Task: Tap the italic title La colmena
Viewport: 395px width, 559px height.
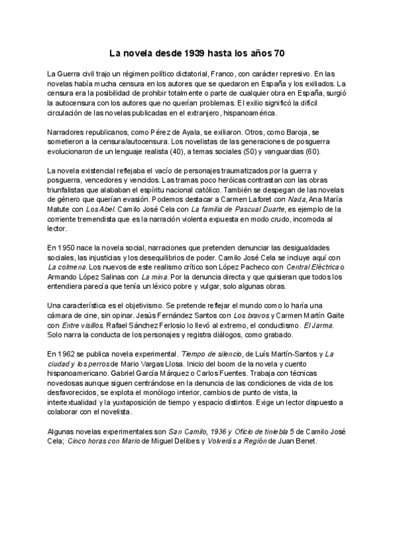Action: coord(66,266)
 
